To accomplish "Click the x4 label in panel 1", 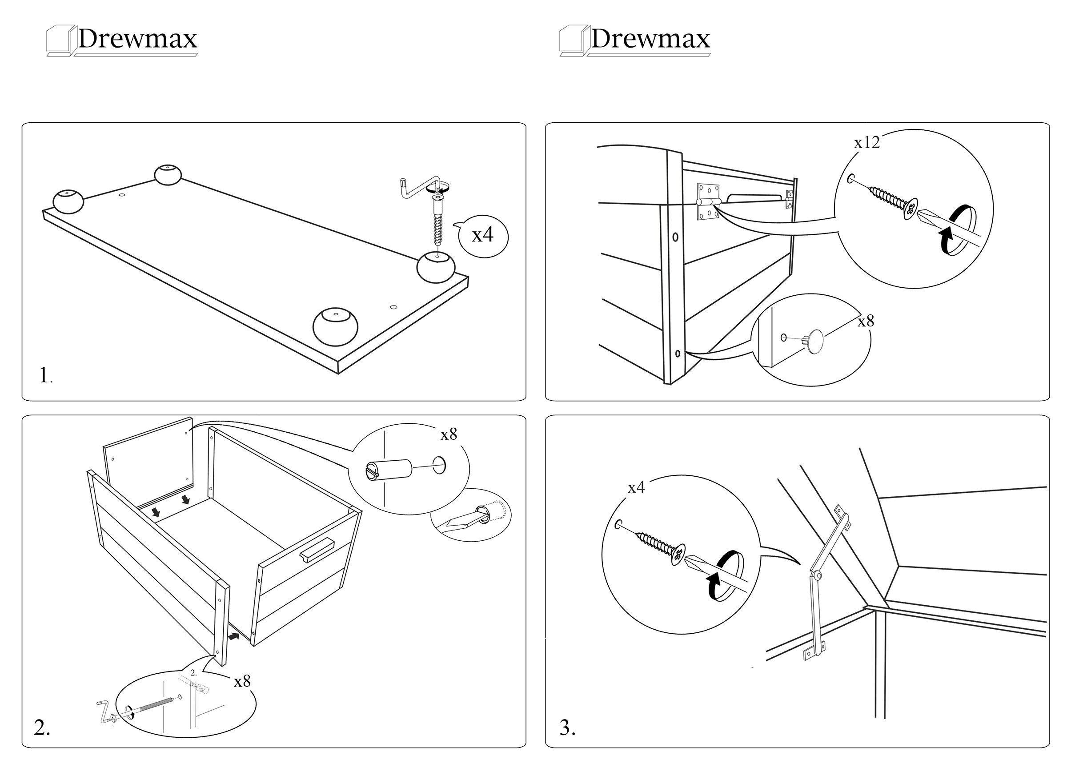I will [x=483, y=234].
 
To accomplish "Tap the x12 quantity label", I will [x=866, y=142].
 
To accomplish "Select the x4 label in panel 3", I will [x=636, y=488].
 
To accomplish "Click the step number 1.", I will [x=45, y=375].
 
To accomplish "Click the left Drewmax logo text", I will [x=137, y=39].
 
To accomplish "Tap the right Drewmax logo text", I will [x=650, y=39].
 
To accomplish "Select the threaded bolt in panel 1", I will [x=437, y=221].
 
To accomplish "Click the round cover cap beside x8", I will [x=815, y=341].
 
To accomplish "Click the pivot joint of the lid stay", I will [x=818, y=575].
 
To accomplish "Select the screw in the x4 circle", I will [x=658, y=546].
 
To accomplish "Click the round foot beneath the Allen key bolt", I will [x=436, y=267].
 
